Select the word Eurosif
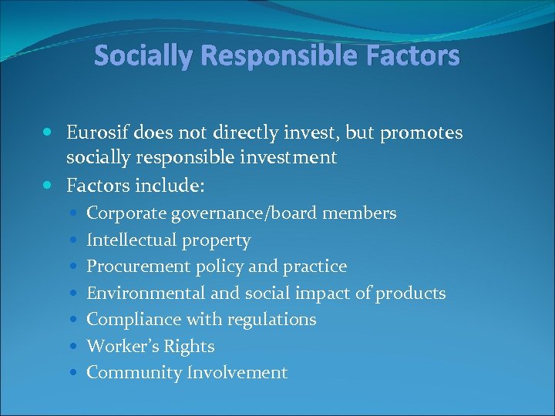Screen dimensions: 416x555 point(97,133)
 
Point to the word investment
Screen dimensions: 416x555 point(291,158)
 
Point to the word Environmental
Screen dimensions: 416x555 point(135,293)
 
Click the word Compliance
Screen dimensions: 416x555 point(126,320)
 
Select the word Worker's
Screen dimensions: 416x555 point(119,347)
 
